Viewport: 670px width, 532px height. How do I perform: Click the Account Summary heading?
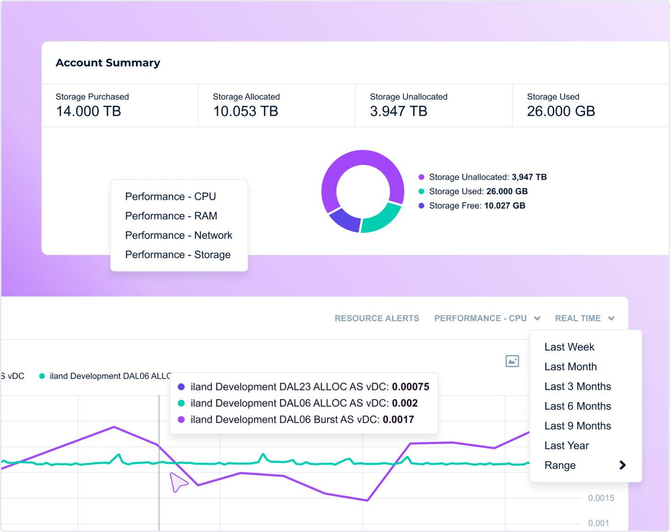(x=108, y=63)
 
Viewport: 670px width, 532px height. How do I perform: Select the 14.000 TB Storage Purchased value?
(x=88, y=111)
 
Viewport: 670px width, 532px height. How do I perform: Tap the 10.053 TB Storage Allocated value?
(x=245, y=111)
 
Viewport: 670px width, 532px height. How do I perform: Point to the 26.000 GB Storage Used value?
(x=561, y=111)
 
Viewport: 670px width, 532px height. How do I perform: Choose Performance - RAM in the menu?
(x=171, y=216)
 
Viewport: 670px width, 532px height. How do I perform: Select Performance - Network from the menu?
(x=178, y=235)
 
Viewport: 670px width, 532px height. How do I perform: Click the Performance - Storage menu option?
(x=177, y=255)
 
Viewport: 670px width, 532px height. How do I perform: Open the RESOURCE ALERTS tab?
(x=376, y=318)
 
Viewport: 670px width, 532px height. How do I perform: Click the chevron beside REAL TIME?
(x=611, y=318)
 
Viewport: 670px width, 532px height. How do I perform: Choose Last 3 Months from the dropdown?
(x=577, y=386)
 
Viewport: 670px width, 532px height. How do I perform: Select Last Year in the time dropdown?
(x=566, y=446)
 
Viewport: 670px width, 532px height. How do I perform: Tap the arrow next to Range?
(x=622, y=465)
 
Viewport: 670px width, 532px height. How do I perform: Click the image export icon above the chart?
(x=512, y=361)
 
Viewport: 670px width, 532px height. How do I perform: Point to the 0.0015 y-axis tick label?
(x=601, y=498)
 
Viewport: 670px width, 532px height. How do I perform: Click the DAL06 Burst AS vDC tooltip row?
(x=302, y=419)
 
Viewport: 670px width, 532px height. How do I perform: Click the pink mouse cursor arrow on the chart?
(x=177, y=482)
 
